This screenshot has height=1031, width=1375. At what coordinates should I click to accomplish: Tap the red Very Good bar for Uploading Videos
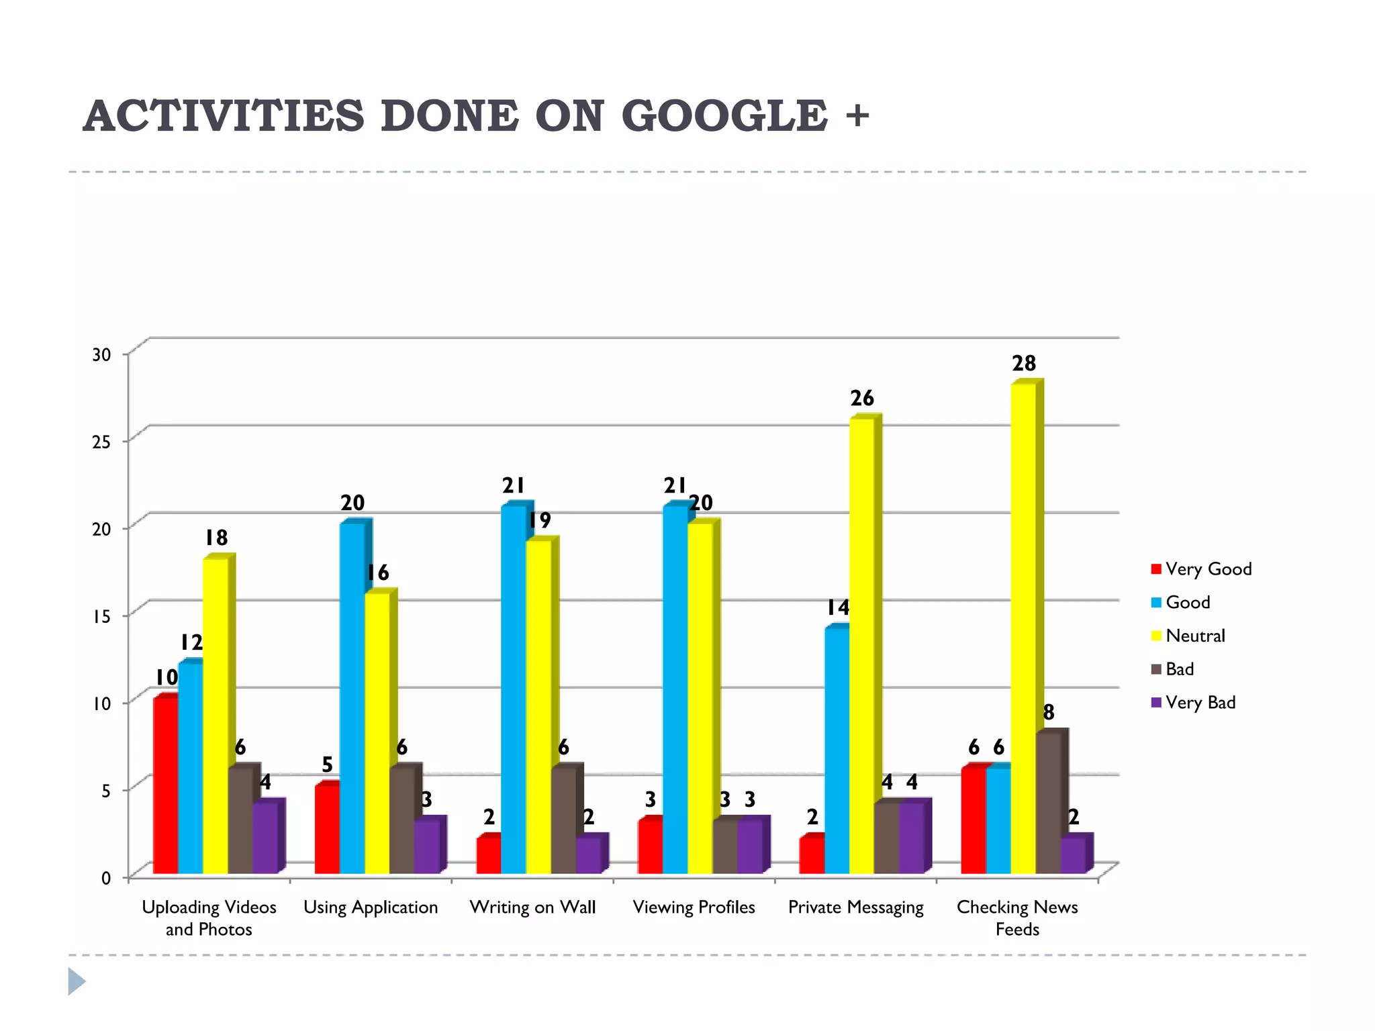[165, 785]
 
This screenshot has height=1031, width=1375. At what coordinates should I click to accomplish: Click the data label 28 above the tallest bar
[1024, 364]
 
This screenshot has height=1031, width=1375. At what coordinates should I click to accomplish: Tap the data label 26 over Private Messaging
[862, 399]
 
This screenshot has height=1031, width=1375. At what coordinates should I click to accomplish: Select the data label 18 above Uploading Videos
[216, 538]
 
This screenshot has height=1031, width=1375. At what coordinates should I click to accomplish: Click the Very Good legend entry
[1208, 569]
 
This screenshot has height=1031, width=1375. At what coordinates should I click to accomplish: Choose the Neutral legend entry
[1194, 636]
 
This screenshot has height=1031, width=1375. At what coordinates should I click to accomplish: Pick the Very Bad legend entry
[1200, 703]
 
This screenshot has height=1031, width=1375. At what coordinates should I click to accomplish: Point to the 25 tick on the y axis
[102, 442]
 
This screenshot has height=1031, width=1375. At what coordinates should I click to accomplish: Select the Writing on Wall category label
[532, 907]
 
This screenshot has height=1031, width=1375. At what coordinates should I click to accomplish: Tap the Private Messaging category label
[855, 907]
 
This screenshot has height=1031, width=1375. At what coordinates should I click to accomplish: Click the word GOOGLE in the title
[724, 116]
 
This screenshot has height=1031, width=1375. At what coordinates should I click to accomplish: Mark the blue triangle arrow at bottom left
[76, 981]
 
